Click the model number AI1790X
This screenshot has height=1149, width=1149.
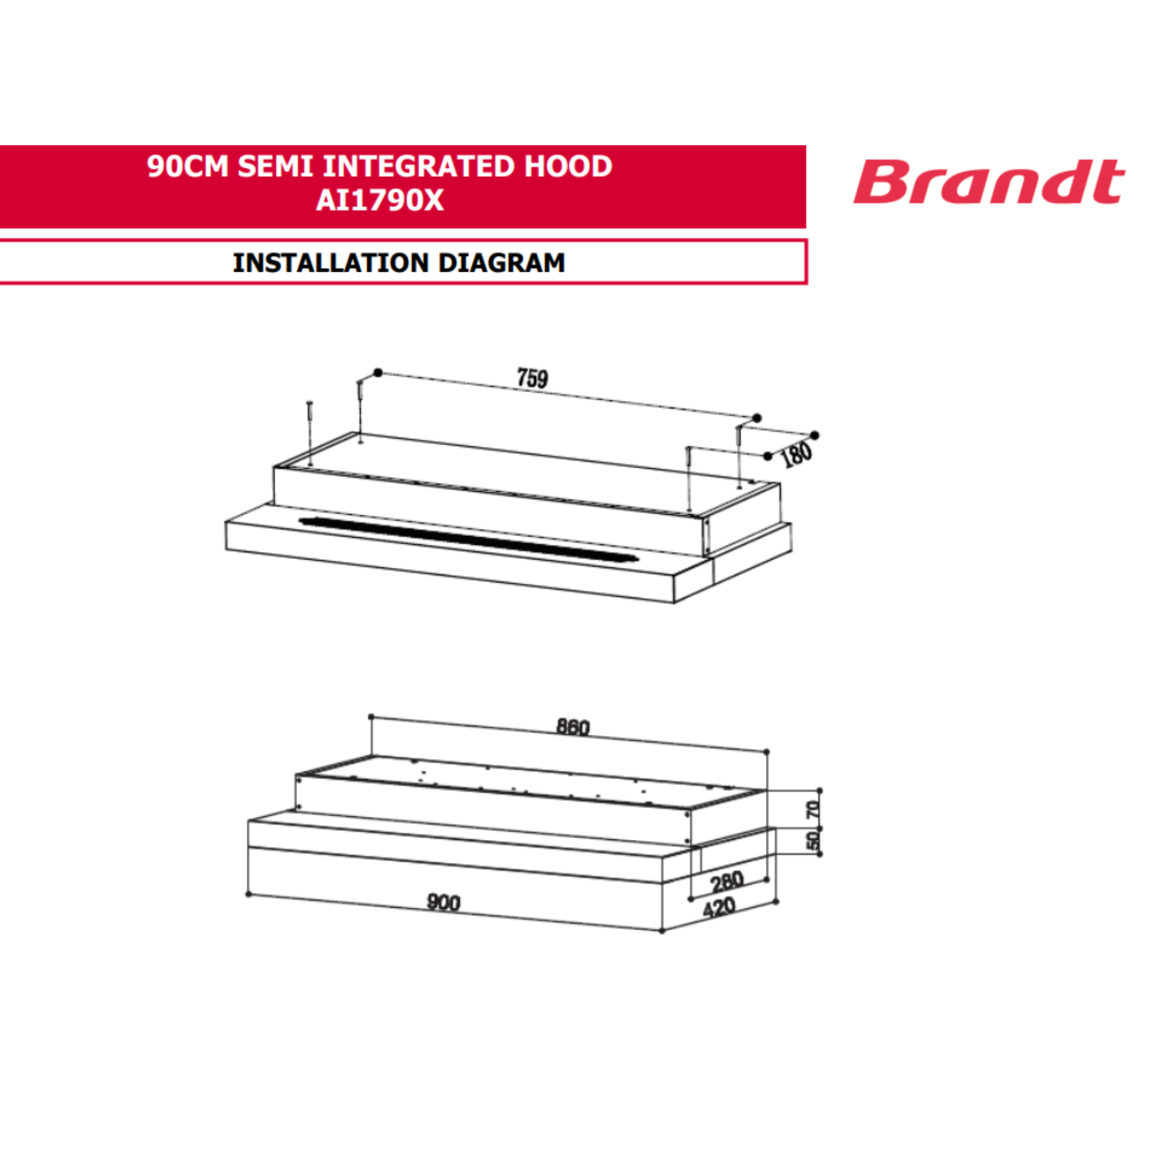pyautogui.click(x=380, y=201)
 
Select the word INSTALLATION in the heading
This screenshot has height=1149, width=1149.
pyautogui.click(x=331, y=263)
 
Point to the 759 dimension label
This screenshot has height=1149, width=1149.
pyautogui.click(x=533, y=379)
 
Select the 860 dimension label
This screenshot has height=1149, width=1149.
pyautogui.click(x=573, y=727)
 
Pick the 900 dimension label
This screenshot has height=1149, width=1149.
pyautogui.click(x=444, y=903)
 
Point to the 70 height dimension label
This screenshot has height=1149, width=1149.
pyautogui.click(x=812, y=808)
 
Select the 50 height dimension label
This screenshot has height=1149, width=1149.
pyautogui.click(x=812, y=840)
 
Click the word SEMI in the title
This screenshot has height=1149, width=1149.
pyautogui.click(x=275, y=166)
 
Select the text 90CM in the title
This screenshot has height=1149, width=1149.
pyautogui.click(x=187, y=166)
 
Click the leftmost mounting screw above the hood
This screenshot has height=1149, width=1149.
pyautogui.click(x=310, y=434)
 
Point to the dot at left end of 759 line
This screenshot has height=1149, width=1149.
pyautogui.click(x=377, y=373)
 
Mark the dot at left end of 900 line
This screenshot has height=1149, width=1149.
pyautogui.click(x=249, y=894)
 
